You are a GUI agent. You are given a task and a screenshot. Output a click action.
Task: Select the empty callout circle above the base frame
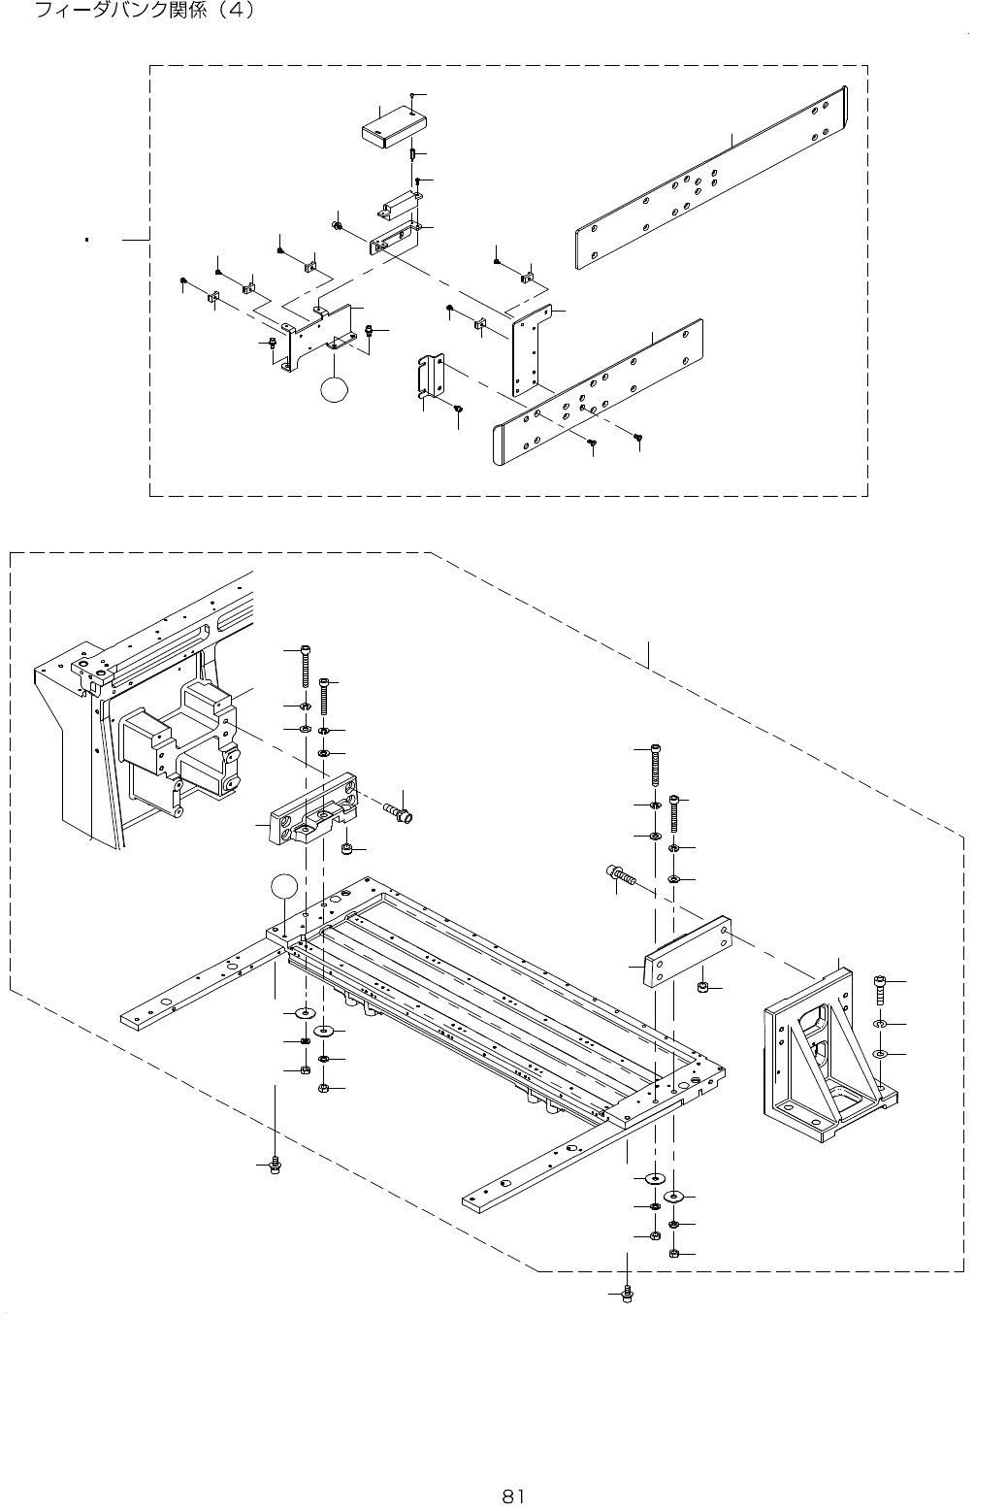click(282, 885)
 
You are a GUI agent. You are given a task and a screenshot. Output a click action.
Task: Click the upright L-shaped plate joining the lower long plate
click(532, 349)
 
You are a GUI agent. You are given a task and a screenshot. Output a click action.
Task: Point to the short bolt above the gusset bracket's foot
click(880, 989)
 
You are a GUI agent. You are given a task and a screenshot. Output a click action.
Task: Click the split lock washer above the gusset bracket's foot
click(879, 1024)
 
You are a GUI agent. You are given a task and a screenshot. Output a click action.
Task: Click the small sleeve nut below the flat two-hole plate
click(703, 988)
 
